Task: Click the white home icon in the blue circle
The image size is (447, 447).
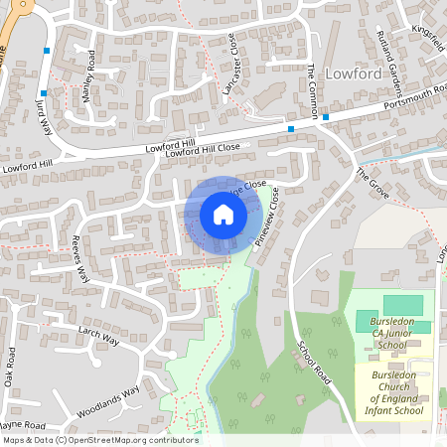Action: pyautogui.click(x=223, y=215)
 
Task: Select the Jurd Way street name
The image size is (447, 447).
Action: pyautogui.click(x=44, y=114)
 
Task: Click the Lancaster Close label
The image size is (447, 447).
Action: pyautogui.click(x=231, y=70)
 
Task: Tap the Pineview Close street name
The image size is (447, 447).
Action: pyautogui.click(x=268, y=217)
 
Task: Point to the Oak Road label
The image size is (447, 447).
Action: pyautogui.click(x=10, y=366)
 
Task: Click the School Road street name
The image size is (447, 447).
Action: pyautogui.click(x=313, y=363)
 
